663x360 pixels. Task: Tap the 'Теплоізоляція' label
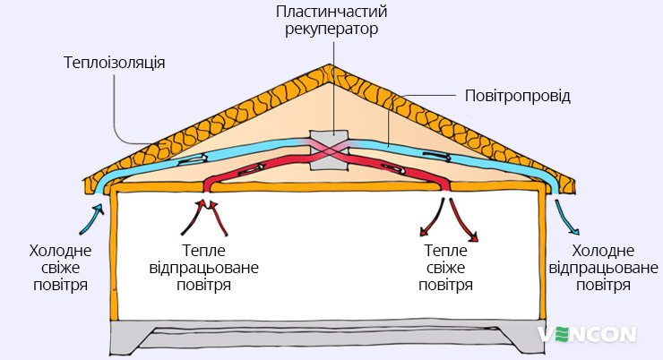[x=114, y=64]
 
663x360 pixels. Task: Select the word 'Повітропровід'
[x=517, y=94]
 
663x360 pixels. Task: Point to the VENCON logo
[x=588, y=335]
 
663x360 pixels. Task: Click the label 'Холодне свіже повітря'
[x=58, y=268]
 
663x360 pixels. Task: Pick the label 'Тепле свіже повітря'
[x=445, y=268]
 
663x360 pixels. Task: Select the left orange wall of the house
[x=111, y=260]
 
